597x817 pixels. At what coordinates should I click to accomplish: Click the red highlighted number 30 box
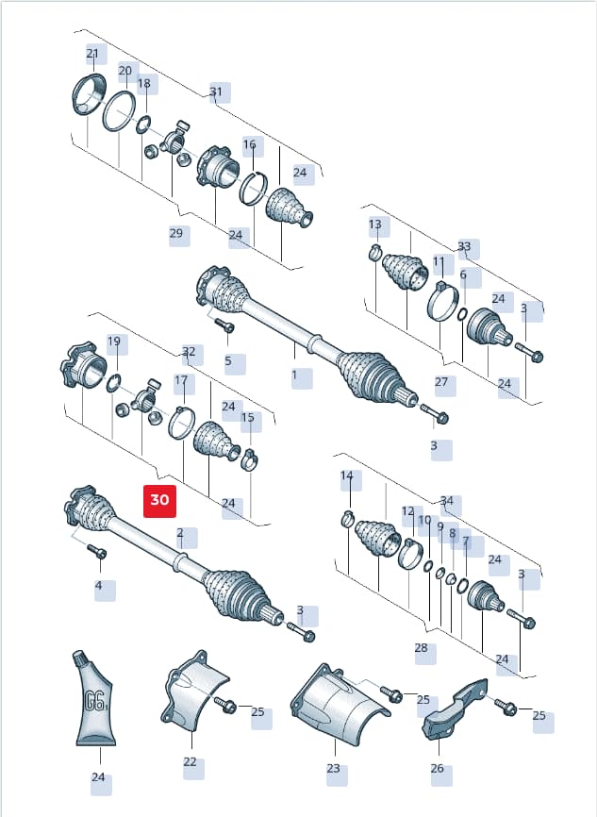[159, 501]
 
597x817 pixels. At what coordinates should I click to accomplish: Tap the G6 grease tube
[94, 698]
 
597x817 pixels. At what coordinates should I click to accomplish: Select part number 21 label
[92, 54]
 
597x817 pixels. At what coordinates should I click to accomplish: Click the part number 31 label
[216, 92]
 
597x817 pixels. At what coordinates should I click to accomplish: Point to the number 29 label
[176, 233]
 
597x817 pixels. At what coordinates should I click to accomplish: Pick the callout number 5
[228, 360]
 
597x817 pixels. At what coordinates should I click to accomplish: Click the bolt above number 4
[97, 551]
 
